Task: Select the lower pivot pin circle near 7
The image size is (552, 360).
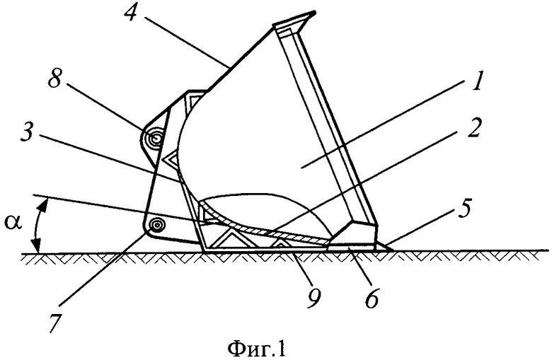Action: pyautogui.click(x=156, y=224)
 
